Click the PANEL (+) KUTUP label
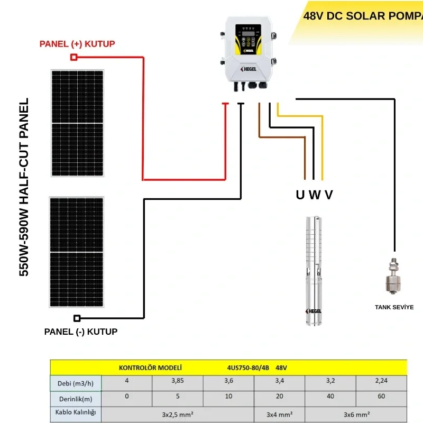[x=77, y=43]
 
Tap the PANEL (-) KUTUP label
[x=81, y=332]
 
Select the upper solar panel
[x=77, y=123]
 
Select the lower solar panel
[x=77, y=252]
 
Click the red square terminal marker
[x=74, y=57]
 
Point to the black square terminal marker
[x=77, y=318]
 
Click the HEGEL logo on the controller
[x=248, y=69]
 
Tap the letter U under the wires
[x=300, y=195]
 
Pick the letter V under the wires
[x=329, y=195]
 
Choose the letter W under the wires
[x=315, y=195]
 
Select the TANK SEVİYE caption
[x=394, y=307]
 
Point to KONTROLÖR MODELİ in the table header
[x=150, y=367]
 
